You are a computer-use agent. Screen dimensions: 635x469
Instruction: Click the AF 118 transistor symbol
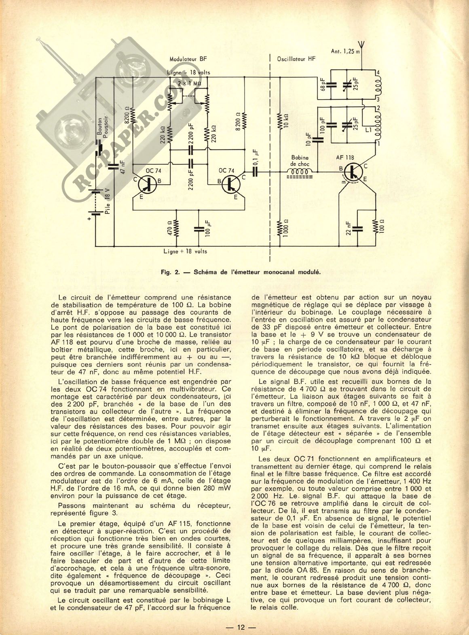pos(353,173)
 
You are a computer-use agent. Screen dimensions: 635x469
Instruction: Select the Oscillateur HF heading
pos(296,59)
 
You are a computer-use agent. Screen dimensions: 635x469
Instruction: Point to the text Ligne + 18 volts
pos(185,251)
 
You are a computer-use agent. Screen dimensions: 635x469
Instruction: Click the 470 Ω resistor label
pos(170,228)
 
